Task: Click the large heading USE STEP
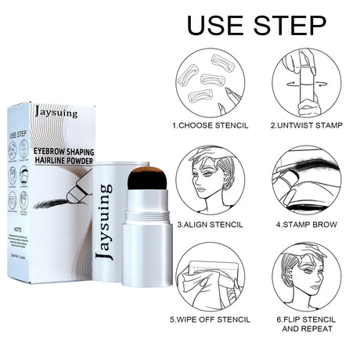click(x=257, y=25)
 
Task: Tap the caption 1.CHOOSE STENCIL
click(x=211, y=124)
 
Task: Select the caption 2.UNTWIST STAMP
click(x=306, y=124)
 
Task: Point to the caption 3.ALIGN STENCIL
click(x=210, y=224)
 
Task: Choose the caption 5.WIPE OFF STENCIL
click(x=211, y=319)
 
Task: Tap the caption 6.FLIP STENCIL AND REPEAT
click(x=307, y=325)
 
